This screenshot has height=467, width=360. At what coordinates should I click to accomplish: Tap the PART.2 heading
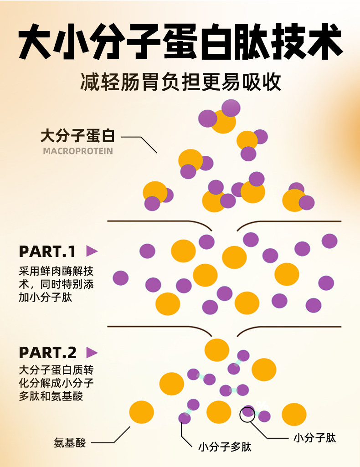[x=47, y=353]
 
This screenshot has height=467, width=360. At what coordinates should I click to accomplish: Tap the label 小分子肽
[x=314, y=438]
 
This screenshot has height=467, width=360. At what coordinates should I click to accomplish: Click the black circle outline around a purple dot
[x=248, y=413]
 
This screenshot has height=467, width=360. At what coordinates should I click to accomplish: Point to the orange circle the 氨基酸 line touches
[x=141, y=412]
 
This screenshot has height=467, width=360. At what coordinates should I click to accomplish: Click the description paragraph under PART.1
[x=57, y=283]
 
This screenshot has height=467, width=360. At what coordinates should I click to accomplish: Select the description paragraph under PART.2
[x=57, y=383]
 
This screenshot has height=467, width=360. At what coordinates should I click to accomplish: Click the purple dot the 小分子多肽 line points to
[x=185, y=418]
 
